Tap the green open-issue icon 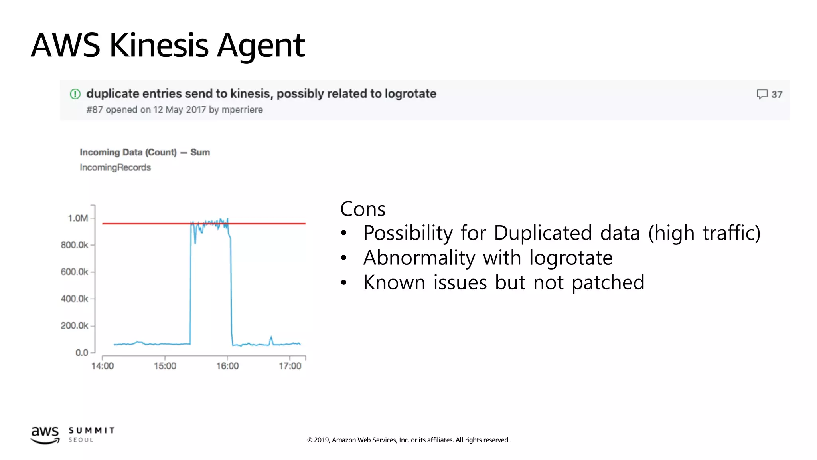tap(75, 94)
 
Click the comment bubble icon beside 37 tap(762, 94)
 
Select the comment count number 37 tap(777, 95)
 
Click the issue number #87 tap(95, 110)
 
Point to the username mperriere tap(242, 110)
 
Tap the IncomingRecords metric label tap(115, 167)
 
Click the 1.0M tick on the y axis tap(78, 218)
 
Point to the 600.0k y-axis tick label tap(75, 272)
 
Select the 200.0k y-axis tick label tap(75, 326)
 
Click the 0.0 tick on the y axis tap(82, 353)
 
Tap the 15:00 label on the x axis tap(165, 366)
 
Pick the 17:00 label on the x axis tap(290, 366)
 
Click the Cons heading tap(363, 209)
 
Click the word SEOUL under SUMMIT tap(81, 440)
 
